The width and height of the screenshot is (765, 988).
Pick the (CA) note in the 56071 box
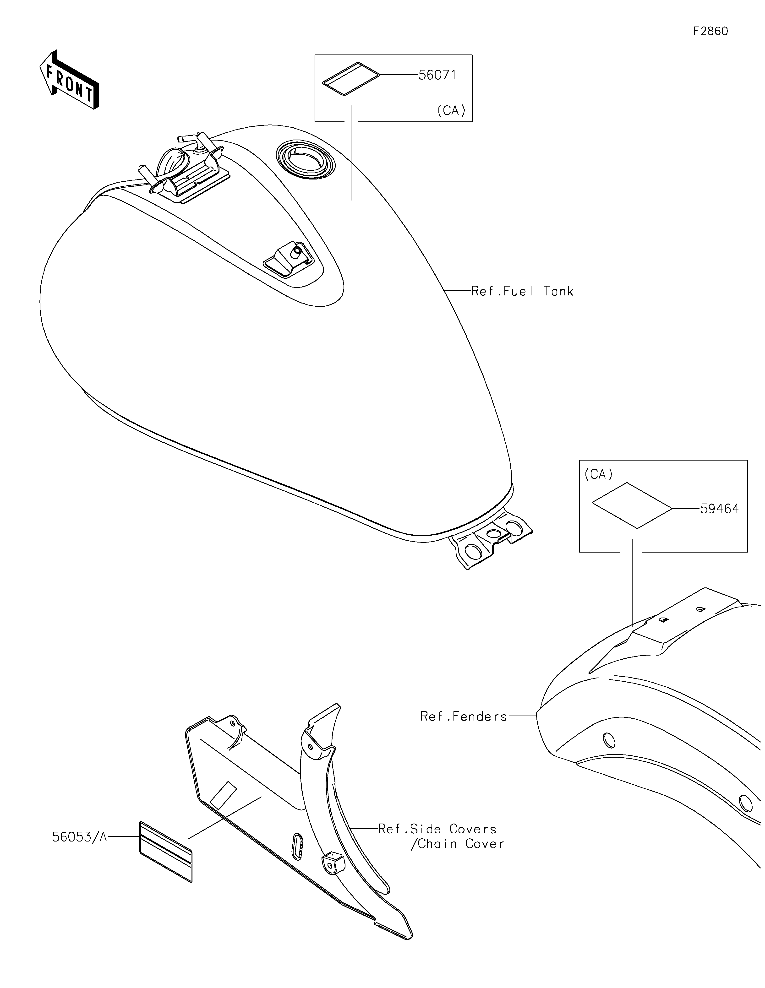451,111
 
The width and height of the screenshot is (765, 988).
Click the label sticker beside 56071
351,79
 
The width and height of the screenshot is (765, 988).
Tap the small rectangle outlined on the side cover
223,795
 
